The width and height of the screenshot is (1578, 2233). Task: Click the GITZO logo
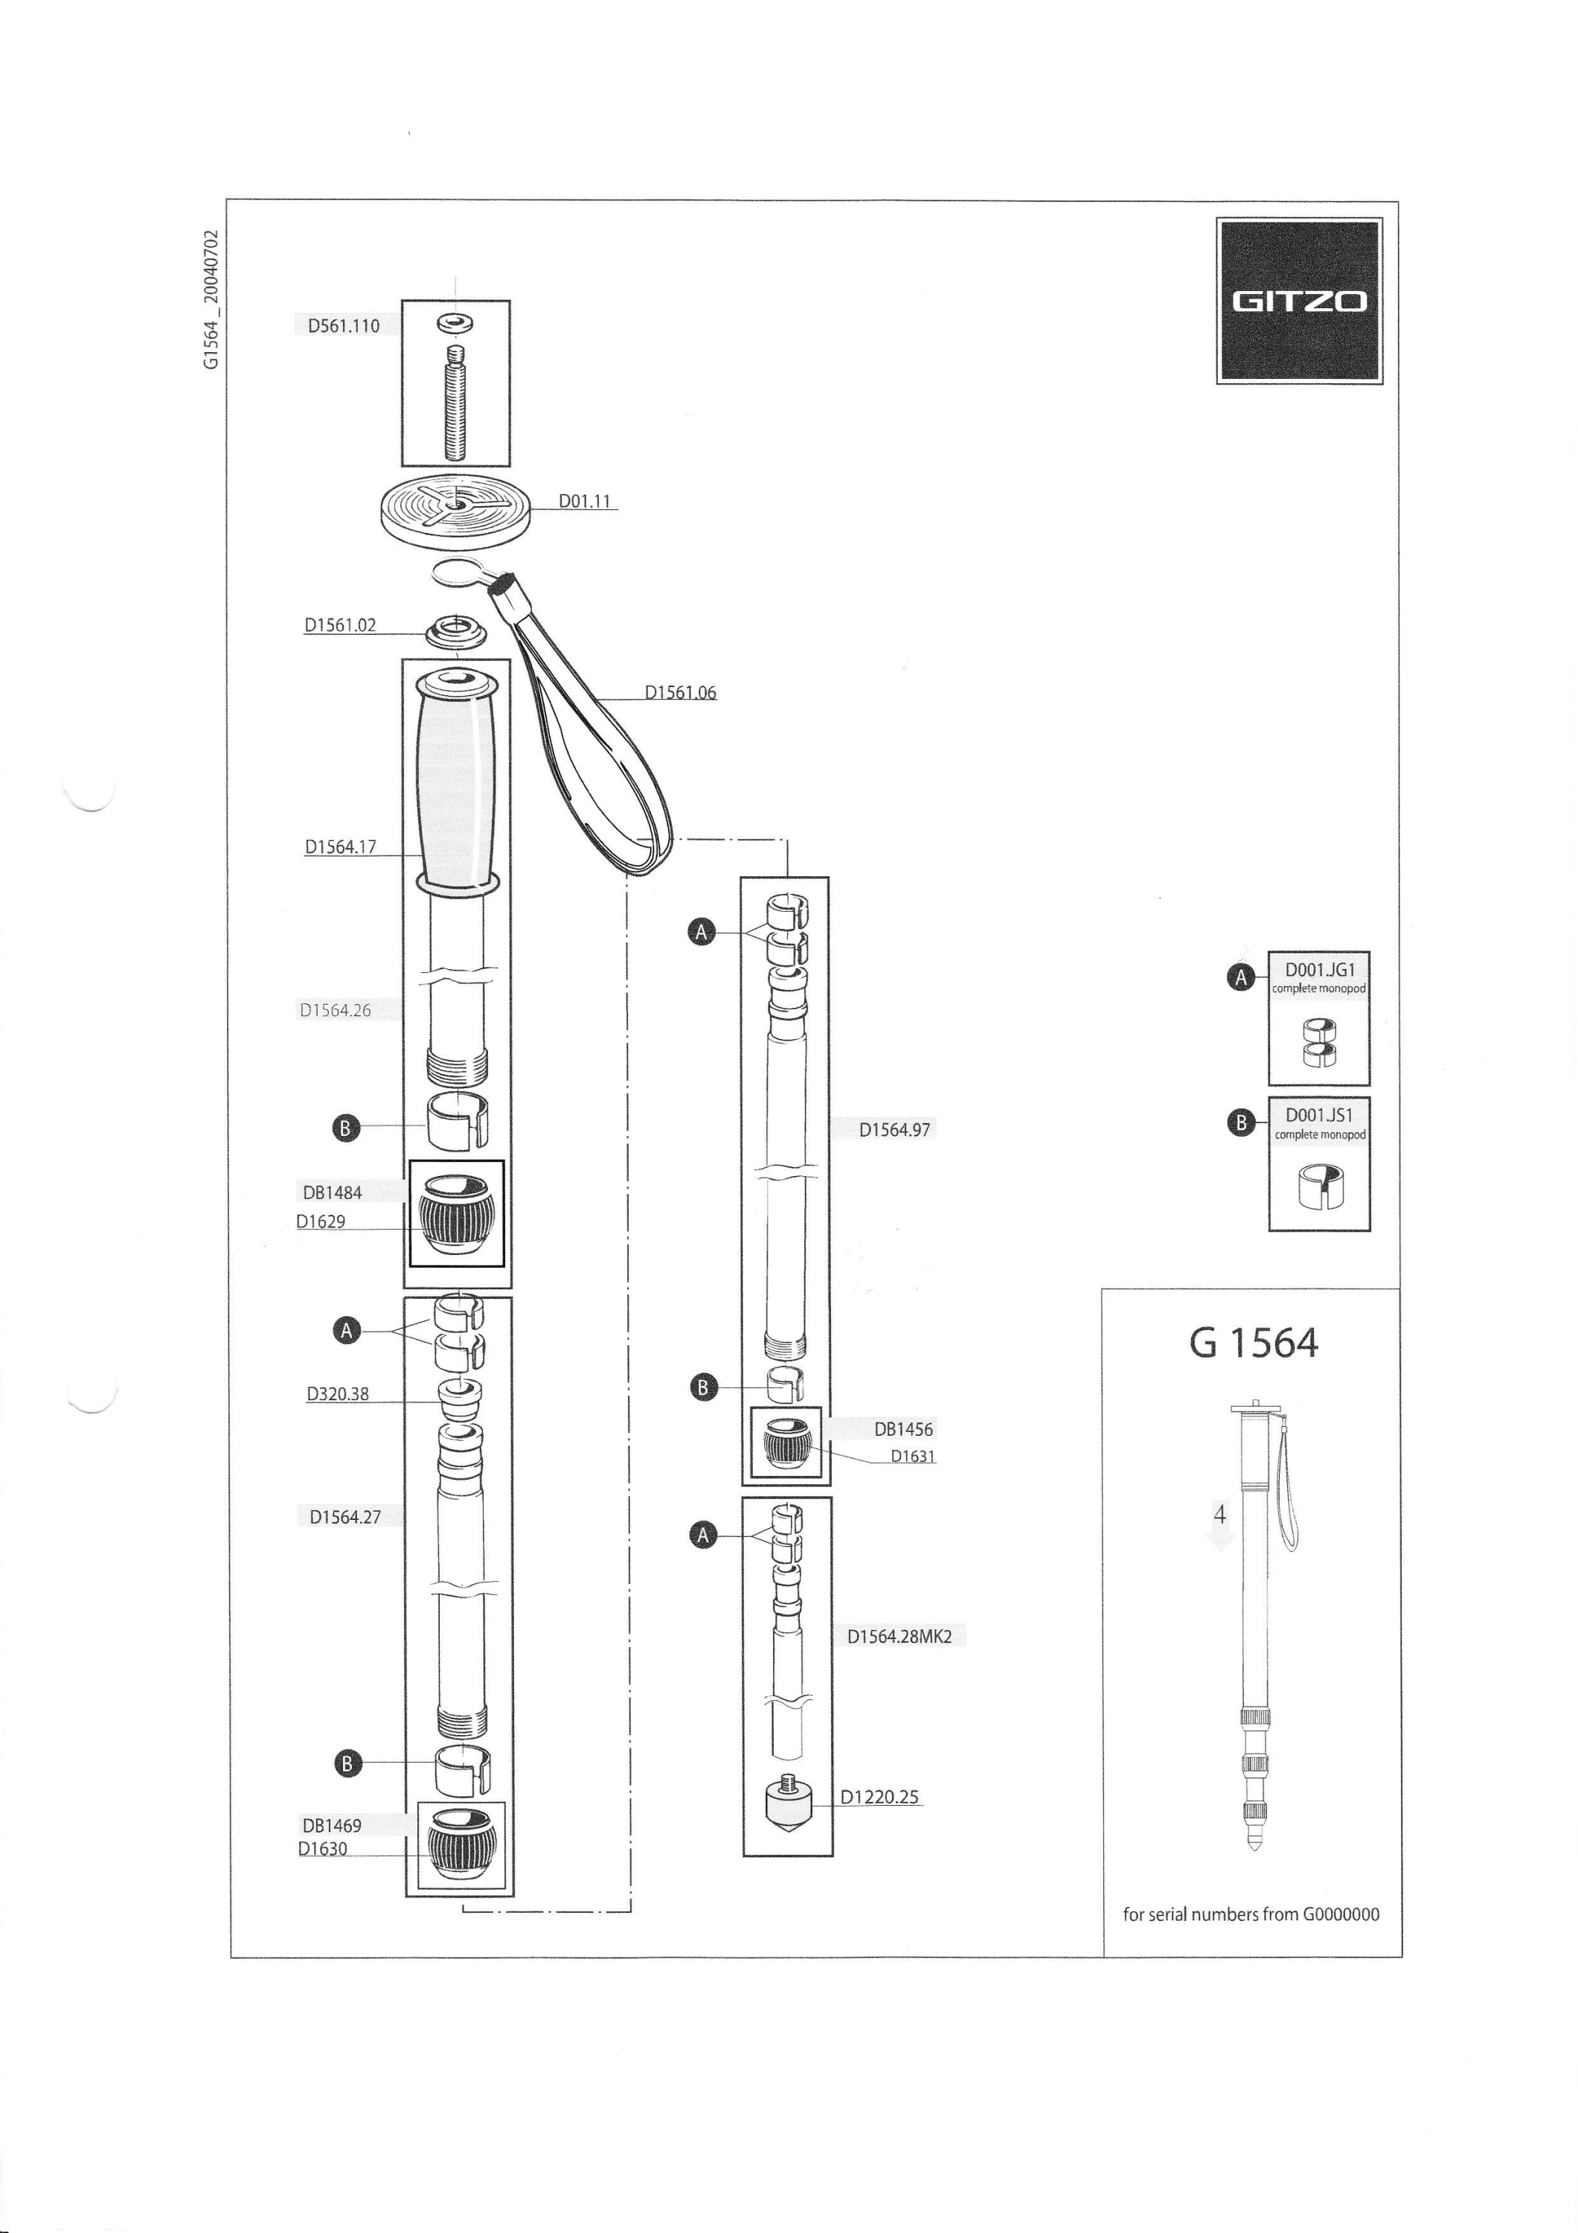(x=1299, y=301)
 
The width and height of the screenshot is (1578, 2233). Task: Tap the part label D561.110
(x=343, y=326)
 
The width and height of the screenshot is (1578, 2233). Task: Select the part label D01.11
(x=584, y=501)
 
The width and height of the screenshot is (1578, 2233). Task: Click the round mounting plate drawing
(x=456, y=511)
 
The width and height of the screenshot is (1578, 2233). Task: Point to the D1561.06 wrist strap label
(x=681, y=692)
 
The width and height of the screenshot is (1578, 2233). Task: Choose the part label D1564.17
(x=340, y=846)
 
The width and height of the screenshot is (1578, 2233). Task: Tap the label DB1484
(x=332, y=1192)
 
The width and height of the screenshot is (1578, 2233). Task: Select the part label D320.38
(x=337, y=1393)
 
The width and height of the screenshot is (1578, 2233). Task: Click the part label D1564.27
(x=345, y=1517)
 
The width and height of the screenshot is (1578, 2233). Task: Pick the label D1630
(x=323, y=1849)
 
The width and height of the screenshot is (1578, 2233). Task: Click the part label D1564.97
(x=894, y=1130)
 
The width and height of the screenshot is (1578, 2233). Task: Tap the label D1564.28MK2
(x=899, y=1637)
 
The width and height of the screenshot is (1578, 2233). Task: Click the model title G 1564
(x=1254, y=1343)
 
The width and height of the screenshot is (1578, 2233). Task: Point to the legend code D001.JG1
(x=1319, y=970)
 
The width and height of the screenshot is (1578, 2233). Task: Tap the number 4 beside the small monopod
(x=1219, y=1514)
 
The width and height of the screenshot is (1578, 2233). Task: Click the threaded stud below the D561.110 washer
(x=456, y=403)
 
